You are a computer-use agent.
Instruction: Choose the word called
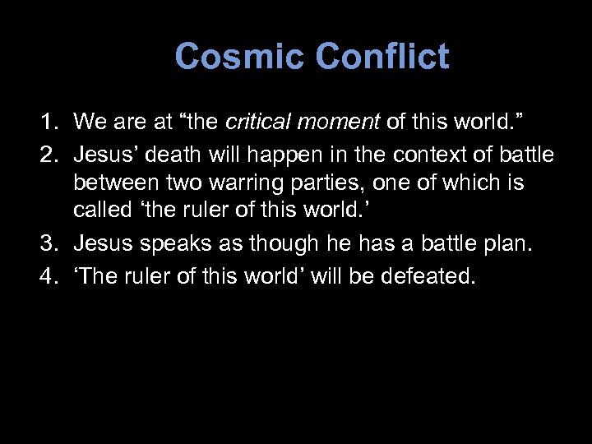(99, 215)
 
